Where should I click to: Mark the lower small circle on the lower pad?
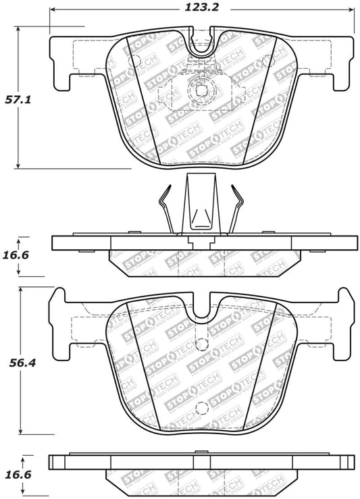200,406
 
